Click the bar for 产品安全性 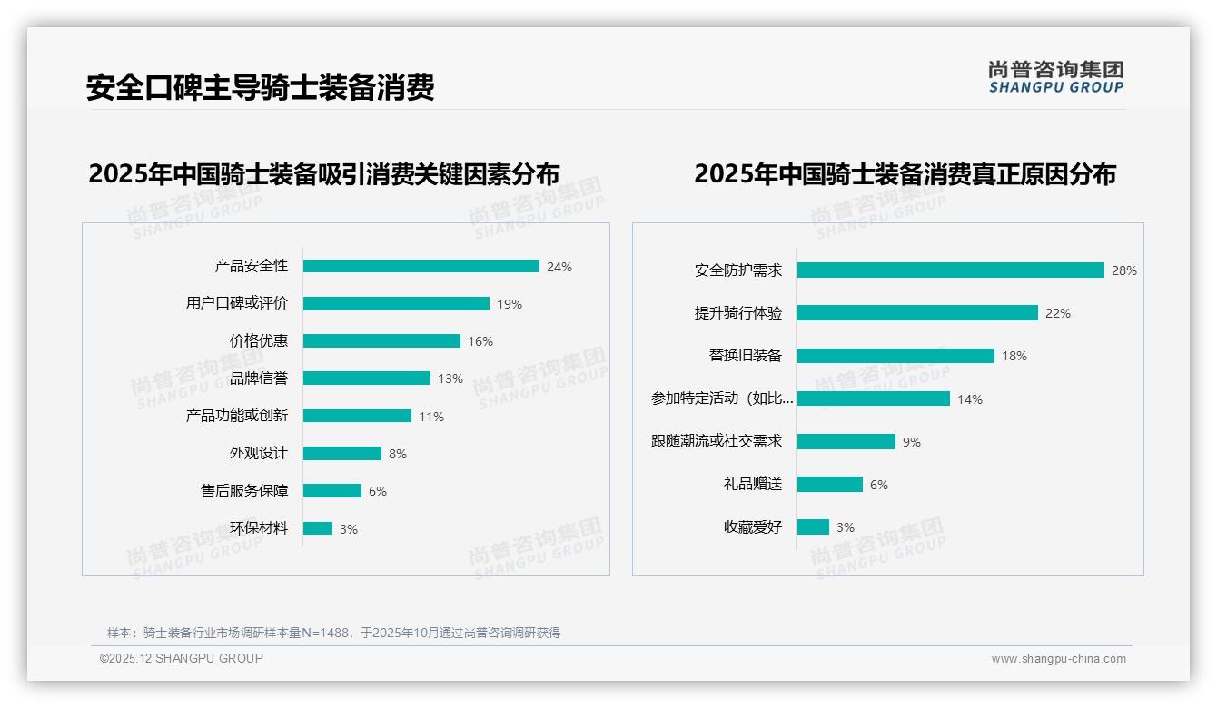point(421,266)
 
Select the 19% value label point(510,304)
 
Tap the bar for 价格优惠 point(381,341)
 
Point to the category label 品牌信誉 point(259,379)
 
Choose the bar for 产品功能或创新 point(357,416)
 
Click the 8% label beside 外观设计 point(398,454)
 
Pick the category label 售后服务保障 point(244,491)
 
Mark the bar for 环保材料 point(318,528)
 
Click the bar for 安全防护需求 point(950,270)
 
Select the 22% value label point(1058,313)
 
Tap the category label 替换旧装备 point(745,356)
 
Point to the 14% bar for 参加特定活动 point(874,398)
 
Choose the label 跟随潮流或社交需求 point(717,441)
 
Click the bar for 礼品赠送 point(830,485)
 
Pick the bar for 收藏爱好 point(813,527)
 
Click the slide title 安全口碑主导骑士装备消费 point(261,87)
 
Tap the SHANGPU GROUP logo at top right point(1056,77)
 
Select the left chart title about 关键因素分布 point(324,174)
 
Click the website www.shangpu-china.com point(1058,659)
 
